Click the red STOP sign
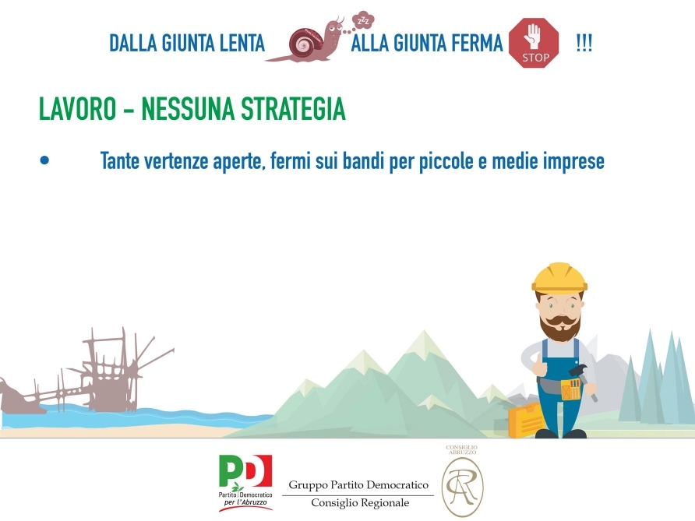pyautogui.click(x=534, y=43)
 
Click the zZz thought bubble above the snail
pyautogui.click(x=363, y=20)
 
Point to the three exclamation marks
pyautogui.click(x=584, y=44)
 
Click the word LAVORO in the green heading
pyautogui.click(x=78, y=108)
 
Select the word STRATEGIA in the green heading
pyautogui.click(x=293, y=108)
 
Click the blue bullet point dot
pyautogui.click(x=44, y=160)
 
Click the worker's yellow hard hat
pyautogui.click(x=559, y=278)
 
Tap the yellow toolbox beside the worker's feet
pyautogui.click(x=527, y=420)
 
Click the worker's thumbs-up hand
pyautogui.click(x=539, y=365)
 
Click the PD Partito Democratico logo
pyautogui.click(x=245, y=483)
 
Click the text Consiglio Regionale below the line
pyautogui.click(x=360, y=503)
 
